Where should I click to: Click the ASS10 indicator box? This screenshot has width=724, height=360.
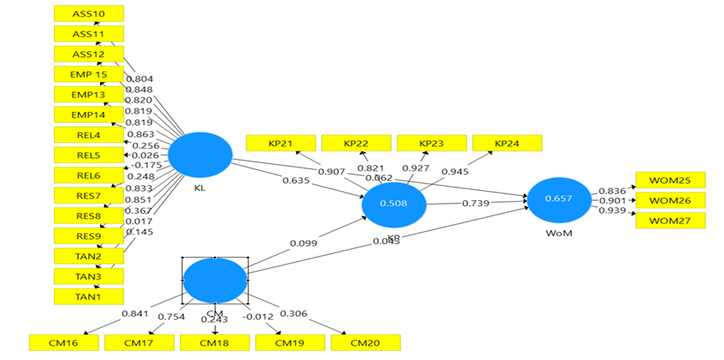(88, 13)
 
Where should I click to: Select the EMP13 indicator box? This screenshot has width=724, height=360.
(88, 94)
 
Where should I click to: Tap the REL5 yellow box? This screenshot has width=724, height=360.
(88, 155)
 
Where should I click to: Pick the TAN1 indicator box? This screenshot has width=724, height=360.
(88, 296)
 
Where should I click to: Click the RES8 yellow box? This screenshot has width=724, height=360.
(88, 215)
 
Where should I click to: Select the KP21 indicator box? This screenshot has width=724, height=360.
(280, 144)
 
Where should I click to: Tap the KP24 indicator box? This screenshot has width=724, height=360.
(507, 144)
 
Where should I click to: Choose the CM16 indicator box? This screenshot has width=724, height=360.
(63, 342)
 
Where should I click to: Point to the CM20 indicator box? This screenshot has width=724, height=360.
(366, 342)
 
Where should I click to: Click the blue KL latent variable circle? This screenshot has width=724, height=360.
(200, 155)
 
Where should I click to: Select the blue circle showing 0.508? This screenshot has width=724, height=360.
(394, 204)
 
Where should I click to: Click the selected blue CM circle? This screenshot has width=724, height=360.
(214, 281)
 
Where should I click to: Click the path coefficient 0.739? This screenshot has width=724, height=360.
(476, 204)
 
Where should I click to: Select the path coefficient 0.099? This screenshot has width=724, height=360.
(305, 244)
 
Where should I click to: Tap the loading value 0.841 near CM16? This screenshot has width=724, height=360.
(135, 314)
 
